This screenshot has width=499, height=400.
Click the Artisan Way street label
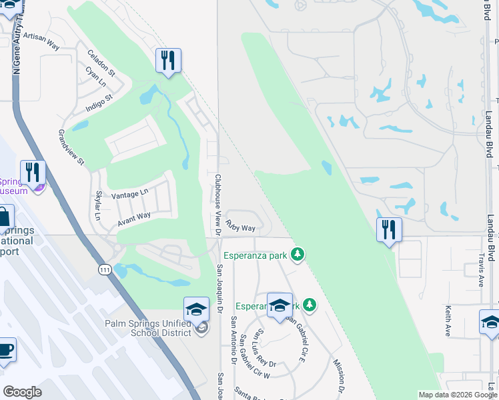(x=41, y=41)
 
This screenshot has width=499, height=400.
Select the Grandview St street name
(x=71, y=147)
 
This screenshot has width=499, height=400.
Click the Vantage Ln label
(x=130, y=193)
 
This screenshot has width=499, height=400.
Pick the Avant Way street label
(x=134, y=217)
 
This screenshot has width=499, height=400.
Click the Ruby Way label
(x=240, y=227)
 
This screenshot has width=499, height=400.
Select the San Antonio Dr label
(x=233, y=340)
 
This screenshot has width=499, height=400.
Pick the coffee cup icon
(x=5, y=351)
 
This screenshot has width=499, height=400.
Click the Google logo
(x=22, y=392)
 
